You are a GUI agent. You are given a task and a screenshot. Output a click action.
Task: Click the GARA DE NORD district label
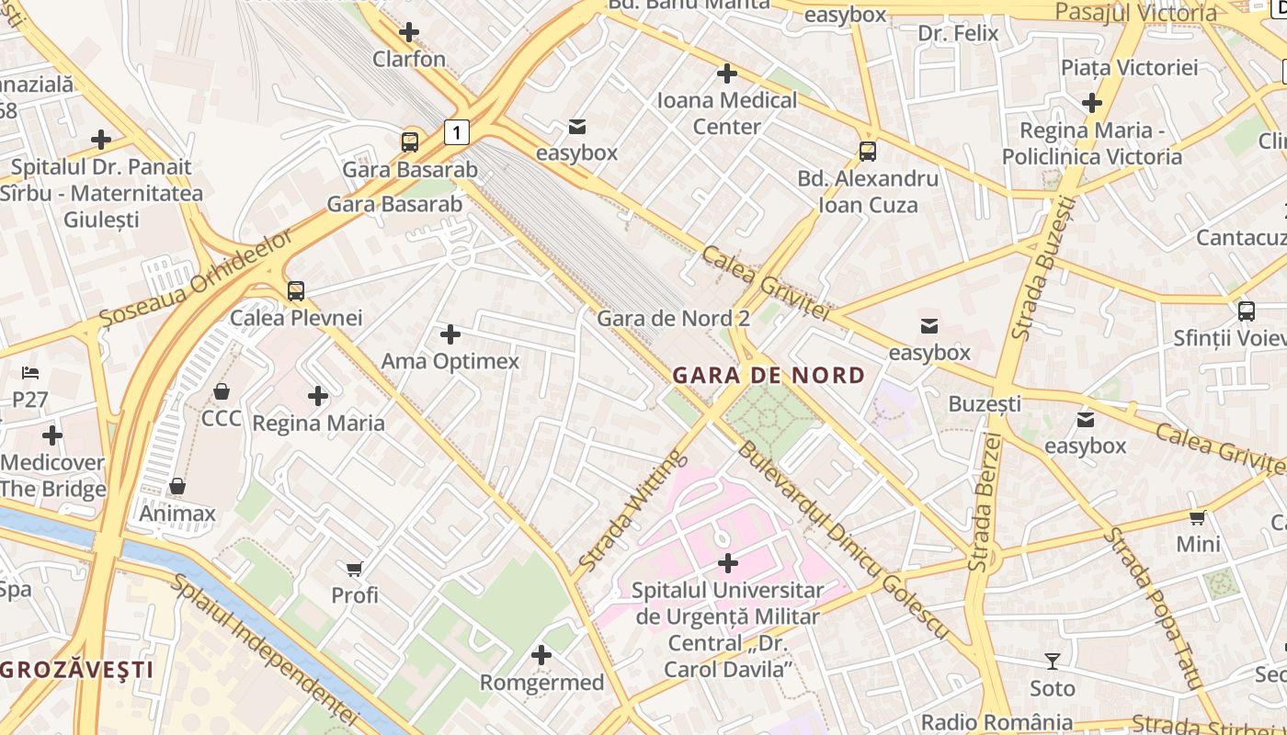[769, 375]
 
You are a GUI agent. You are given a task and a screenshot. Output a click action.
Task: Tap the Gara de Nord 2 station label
[673, 319]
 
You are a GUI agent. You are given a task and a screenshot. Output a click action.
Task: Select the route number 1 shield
[456, 131]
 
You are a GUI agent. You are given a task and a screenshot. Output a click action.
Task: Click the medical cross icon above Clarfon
[409, 33]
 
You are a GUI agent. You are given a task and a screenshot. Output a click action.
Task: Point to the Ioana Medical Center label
[726, 113]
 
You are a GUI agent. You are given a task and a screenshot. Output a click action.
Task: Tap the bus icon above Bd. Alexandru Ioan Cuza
[867, 152]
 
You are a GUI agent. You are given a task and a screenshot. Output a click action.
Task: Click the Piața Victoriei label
[1129, 67]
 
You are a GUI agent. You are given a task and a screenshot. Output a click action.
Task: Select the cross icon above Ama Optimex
[450, 334]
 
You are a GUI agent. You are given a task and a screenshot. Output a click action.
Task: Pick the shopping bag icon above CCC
[222, 392]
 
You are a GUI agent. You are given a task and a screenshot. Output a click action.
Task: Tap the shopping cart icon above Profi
[355, 569]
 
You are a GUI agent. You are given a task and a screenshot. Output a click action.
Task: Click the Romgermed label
[541, 683]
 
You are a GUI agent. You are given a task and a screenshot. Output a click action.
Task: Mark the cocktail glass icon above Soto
[1052, 661]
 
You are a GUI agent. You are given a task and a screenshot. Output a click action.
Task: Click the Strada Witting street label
[633, 509]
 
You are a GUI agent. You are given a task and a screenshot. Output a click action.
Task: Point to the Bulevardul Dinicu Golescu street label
[841, 540]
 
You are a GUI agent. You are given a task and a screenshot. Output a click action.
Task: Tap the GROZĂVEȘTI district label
[77, 669]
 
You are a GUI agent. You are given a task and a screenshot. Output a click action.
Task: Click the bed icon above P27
[30, 373]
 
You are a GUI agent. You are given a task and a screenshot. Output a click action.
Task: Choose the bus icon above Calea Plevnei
[295, 291]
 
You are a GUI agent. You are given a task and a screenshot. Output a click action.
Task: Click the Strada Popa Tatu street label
[1153, 607]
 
